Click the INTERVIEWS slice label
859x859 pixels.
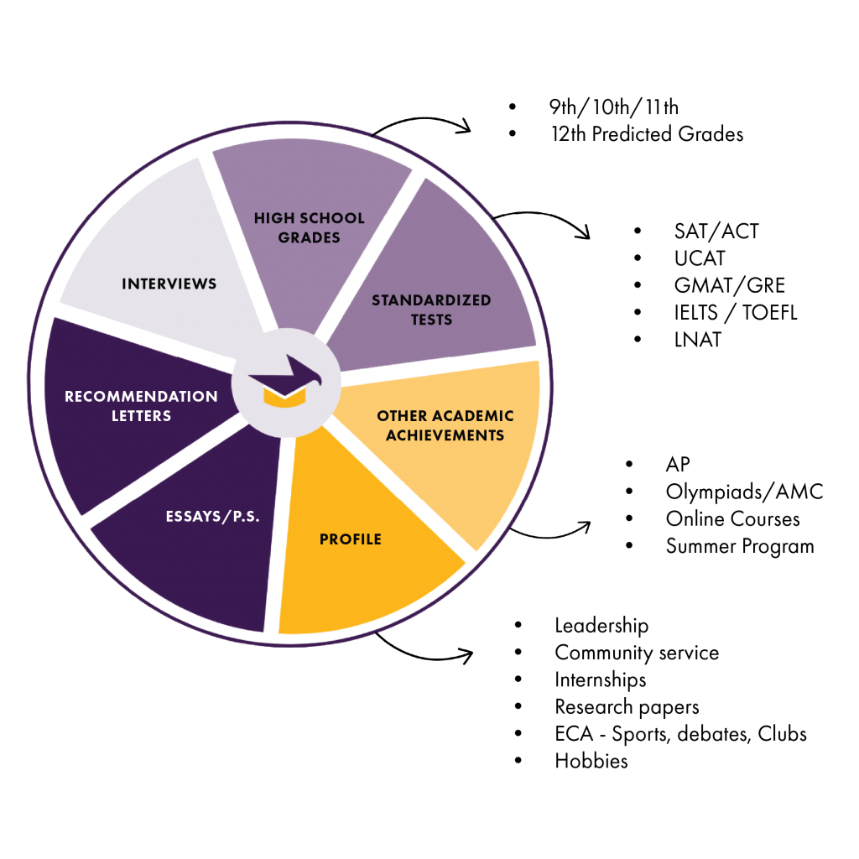coord(169,284)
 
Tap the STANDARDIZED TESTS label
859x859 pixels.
coord(431,310)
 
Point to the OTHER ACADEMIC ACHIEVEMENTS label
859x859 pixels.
coord(445,425)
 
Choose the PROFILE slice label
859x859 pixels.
coord(351,539)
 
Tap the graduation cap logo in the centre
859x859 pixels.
coord(285,383)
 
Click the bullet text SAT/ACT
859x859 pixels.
coord(716,232)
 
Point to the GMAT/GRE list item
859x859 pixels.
coord(731,285)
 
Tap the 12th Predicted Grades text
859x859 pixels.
coord(641,134)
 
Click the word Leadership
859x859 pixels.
coord(602,626)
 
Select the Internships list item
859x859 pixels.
coord(601,679)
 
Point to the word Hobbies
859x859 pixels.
coord(591,761)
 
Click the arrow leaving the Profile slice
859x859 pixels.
coord(423,649)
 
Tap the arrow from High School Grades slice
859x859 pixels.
coord(424,123)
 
